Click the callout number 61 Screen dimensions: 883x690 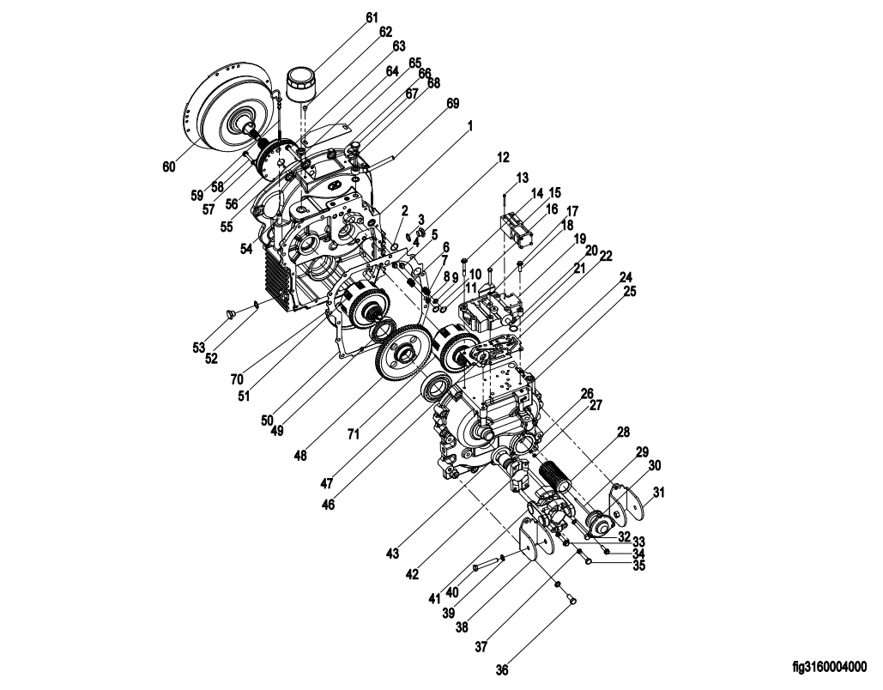pyautogui.click(x=372, y=17)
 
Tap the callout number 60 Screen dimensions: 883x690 pyautogui.click(x=169, y=166)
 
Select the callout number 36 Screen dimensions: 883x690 pyautogui.click(x=502, y=669)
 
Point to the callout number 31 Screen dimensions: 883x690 pyautogui.click(x=658, y=493)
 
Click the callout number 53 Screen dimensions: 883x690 pyautogui.click(x=199, y=348)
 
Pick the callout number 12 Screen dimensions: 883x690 pyautogui.click(x=502, y=158)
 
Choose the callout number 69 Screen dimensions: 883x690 pyautogui.click(x=452, y=104)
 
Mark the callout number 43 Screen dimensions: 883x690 pyautogui.click(x=392, y=554)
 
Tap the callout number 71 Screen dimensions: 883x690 pyautogui.click(x=353, y=434)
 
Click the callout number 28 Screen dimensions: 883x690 pyautogui.click(x=623, y=432)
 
